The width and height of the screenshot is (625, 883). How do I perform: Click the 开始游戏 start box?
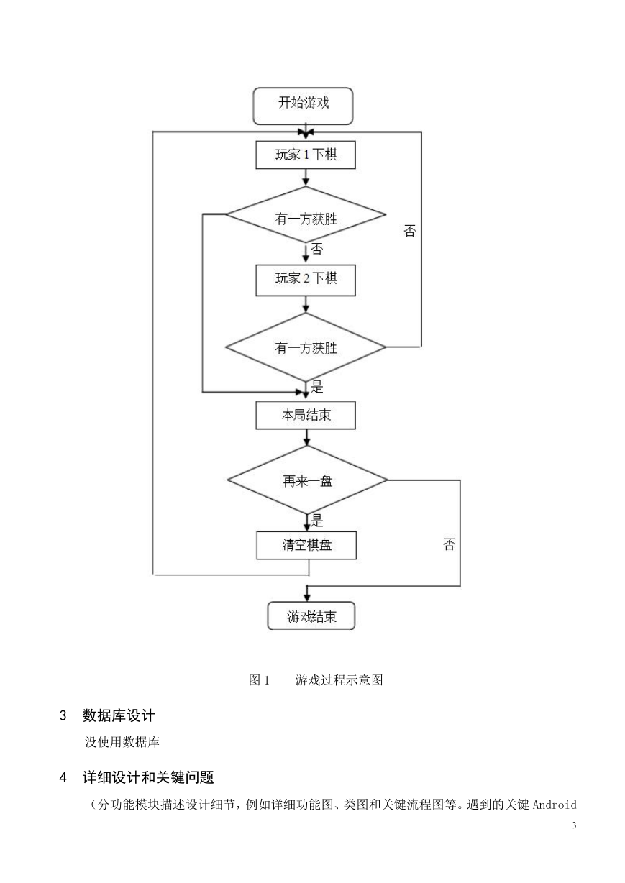303,106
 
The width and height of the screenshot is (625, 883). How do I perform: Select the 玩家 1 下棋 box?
306,155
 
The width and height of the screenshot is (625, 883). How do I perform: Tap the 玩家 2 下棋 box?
306,280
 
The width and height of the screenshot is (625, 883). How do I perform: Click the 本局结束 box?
306,415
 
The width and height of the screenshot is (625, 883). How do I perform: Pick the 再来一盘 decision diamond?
308,480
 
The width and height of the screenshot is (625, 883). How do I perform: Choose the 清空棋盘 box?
306,545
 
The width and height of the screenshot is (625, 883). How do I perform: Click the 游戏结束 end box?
311,616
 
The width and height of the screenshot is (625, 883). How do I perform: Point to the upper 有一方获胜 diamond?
306,215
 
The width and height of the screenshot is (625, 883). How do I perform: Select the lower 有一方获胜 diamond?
306,347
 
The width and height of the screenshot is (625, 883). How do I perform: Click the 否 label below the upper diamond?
317,249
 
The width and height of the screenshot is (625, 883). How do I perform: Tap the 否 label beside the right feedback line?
410,231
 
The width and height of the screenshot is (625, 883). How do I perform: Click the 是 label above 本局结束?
317,387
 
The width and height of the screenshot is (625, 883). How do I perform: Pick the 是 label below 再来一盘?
317,521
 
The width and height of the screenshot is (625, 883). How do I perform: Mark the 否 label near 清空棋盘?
449,544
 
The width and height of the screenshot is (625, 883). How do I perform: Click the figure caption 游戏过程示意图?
339,680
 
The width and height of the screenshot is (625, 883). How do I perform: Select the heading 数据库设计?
119,716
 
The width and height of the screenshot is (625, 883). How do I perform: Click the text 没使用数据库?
122,742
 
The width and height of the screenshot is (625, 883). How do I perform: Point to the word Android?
555,805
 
